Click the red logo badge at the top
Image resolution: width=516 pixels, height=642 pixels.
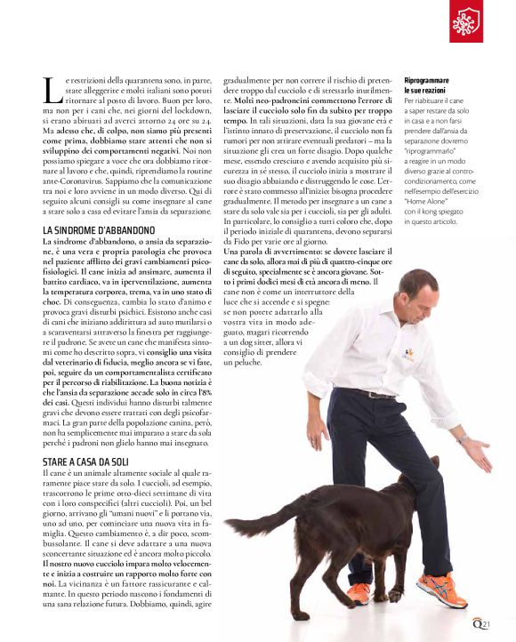(x=465, y=21)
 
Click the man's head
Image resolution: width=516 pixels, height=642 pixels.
(x=417, y=293)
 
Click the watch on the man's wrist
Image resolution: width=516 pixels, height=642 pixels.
(x=463, y=438)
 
